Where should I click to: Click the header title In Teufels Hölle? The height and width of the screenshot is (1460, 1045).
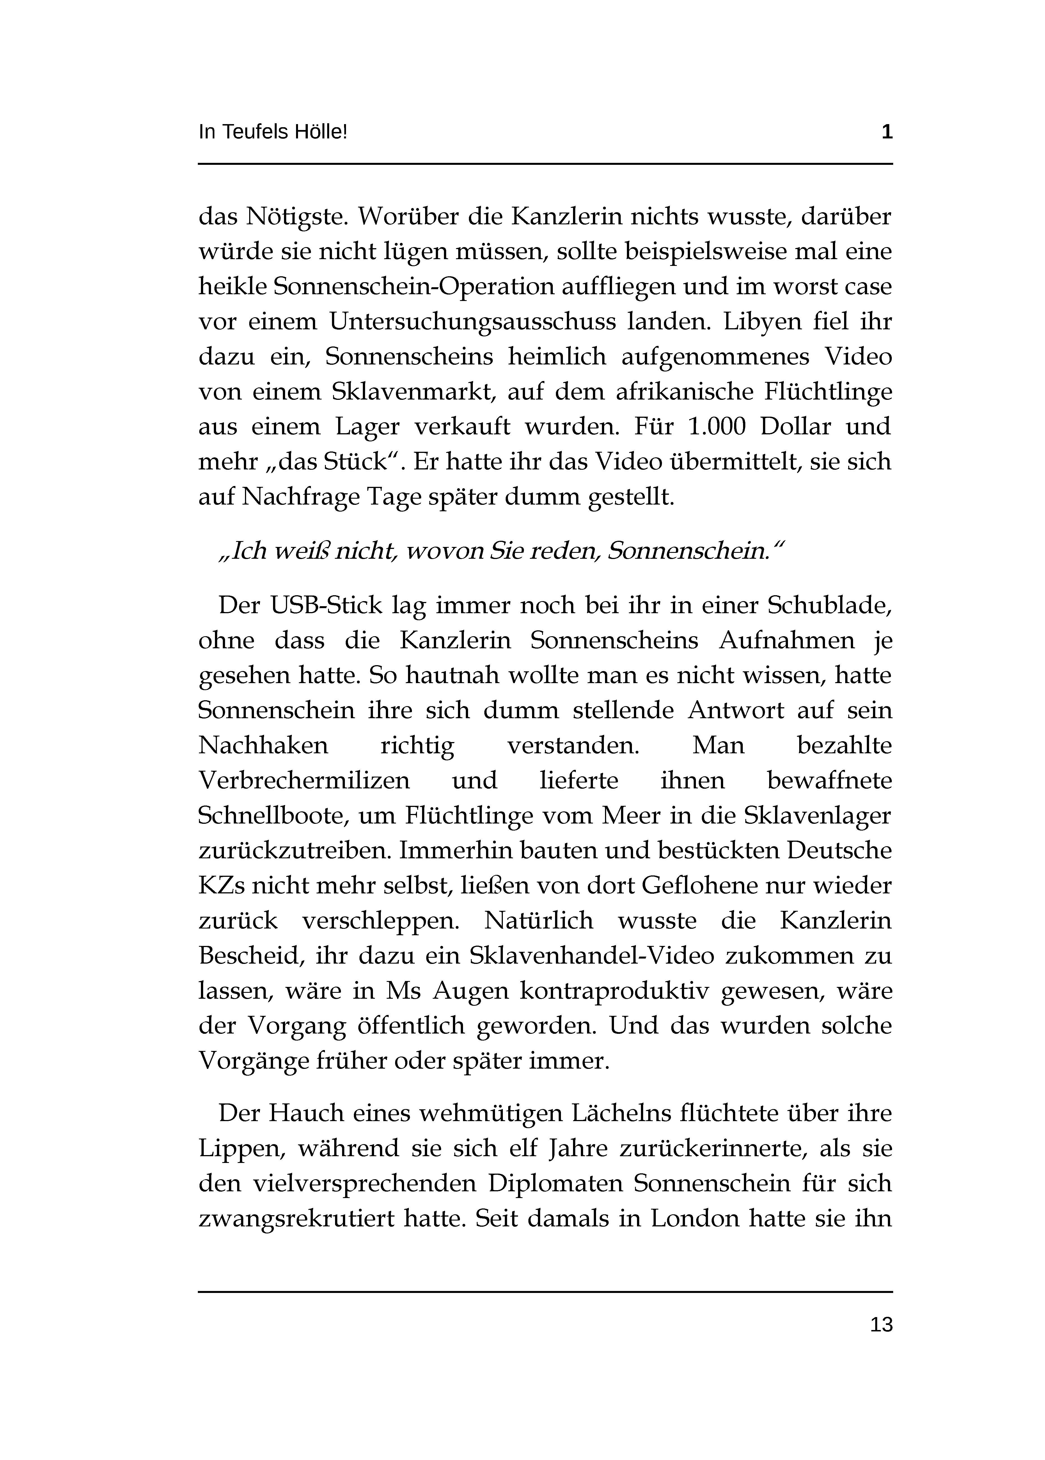[x=273, y=133]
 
